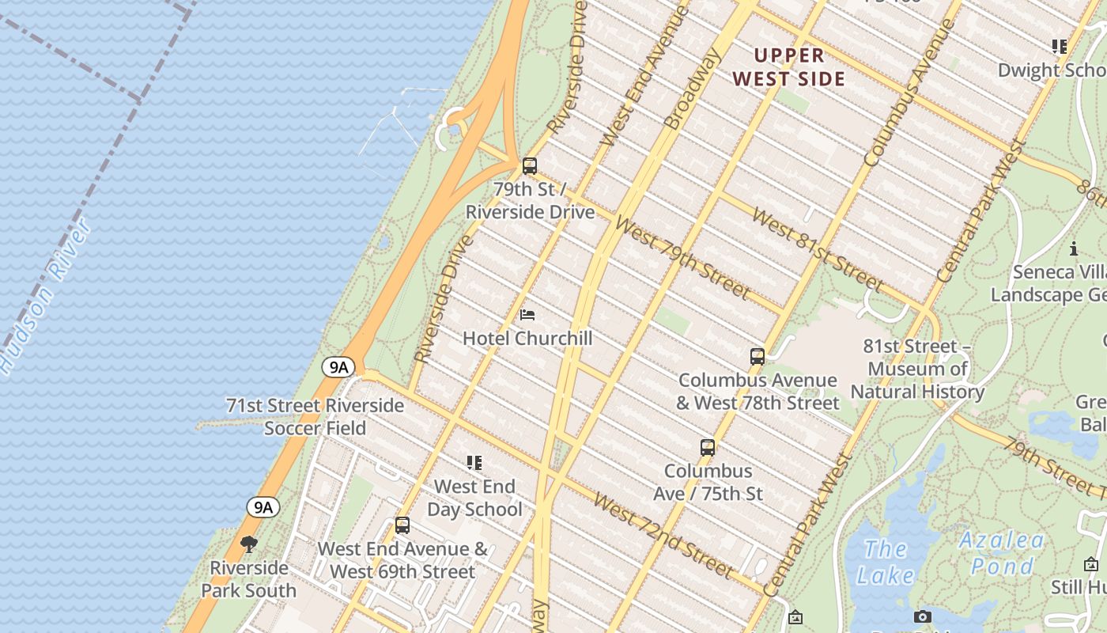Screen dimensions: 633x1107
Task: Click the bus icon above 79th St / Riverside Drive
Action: [530, 166]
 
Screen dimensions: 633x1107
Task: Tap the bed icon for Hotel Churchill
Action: [527, 315]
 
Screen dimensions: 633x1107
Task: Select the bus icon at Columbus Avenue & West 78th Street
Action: [758, 357]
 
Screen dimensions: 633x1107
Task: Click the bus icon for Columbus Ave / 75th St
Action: [708, 448]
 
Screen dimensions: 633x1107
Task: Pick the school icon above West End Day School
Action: [474, 463]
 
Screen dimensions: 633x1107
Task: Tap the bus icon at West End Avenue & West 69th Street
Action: [402, 525]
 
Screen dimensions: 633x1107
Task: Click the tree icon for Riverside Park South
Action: [249, 544]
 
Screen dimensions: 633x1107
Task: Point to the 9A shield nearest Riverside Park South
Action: [263, 507]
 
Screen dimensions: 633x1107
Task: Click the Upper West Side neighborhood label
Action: [788, 67]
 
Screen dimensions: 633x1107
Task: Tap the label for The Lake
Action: [884, 562]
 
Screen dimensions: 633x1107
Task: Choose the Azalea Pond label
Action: [1001, 553]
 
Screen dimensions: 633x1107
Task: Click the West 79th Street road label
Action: [682, 259]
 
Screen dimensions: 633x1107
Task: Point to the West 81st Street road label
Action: [817, 248]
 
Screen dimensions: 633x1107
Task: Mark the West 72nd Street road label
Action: [663, 535]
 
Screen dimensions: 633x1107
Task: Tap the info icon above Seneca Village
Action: [1074, 248]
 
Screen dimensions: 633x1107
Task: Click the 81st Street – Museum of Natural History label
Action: [917, 369]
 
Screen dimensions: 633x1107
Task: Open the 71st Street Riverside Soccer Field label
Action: [315, 417]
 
